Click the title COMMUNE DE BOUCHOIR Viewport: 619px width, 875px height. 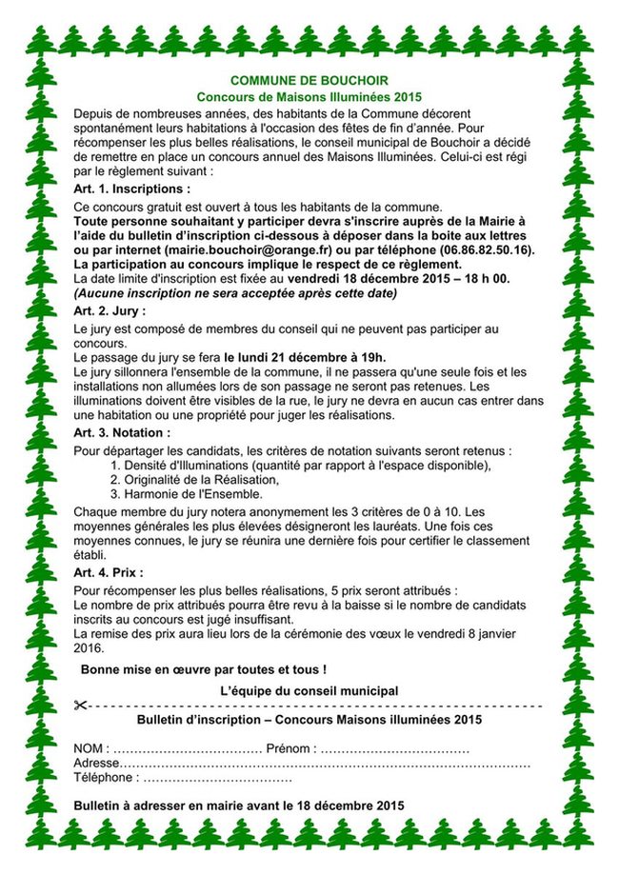[x=309, y=81]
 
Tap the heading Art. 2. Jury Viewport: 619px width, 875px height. [x=110, y=310]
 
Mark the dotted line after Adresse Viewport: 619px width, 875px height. [x=325, y=764]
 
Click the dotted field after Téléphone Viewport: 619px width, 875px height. [x=218, y=778]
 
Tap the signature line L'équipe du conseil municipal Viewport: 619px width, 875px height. [x=309, y=690]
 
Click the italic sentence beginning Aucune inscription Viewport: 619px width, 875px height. [x=235, y=292]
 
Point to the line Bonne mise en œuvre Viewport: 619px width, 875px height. [x=203, y=669]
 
